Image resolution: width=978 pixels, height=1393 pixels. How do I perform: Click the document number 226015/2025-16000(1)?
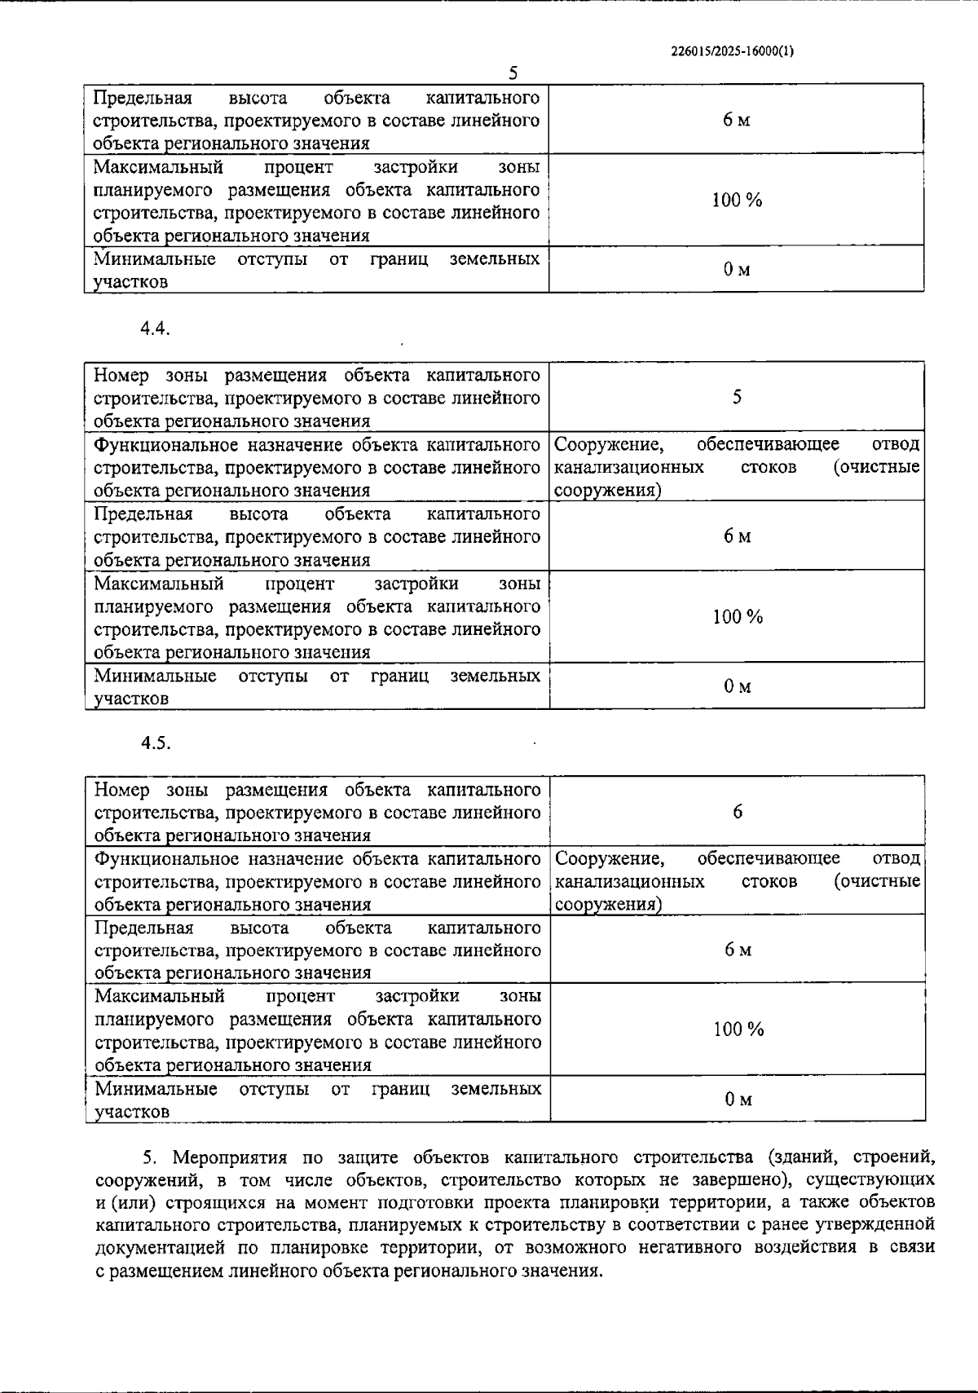click(732, 51)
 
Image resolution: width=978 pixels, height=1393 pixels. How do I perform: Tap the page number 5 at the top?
click(513, 73)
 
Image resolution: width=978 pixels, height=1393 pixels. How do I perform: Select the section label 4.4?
click(154, 328)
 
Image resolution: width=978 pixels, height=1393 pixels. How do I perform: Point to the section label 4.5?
click(154, 743)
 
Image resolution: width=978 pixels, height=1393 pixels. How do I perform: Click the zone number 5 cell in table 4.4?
click(737, 397)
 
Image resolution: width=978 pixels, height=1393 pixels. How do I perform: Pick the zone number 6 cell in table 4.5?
click(738, 811)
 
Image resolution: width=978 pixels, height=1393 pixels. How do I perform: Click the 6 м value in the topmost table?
click(736, 120)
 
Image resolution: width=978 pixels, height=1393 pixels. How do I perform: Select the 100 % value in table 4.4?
click(738, 617)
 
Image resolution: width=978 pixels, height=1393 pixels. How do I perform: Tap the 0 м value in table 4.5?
click(738, 1100)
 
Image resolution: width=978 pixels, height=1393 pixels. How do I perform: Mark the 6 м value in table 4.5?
click(738, 950)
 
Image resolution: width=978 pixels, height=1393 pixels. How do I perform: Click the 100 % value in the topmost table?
click(737, 200)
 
